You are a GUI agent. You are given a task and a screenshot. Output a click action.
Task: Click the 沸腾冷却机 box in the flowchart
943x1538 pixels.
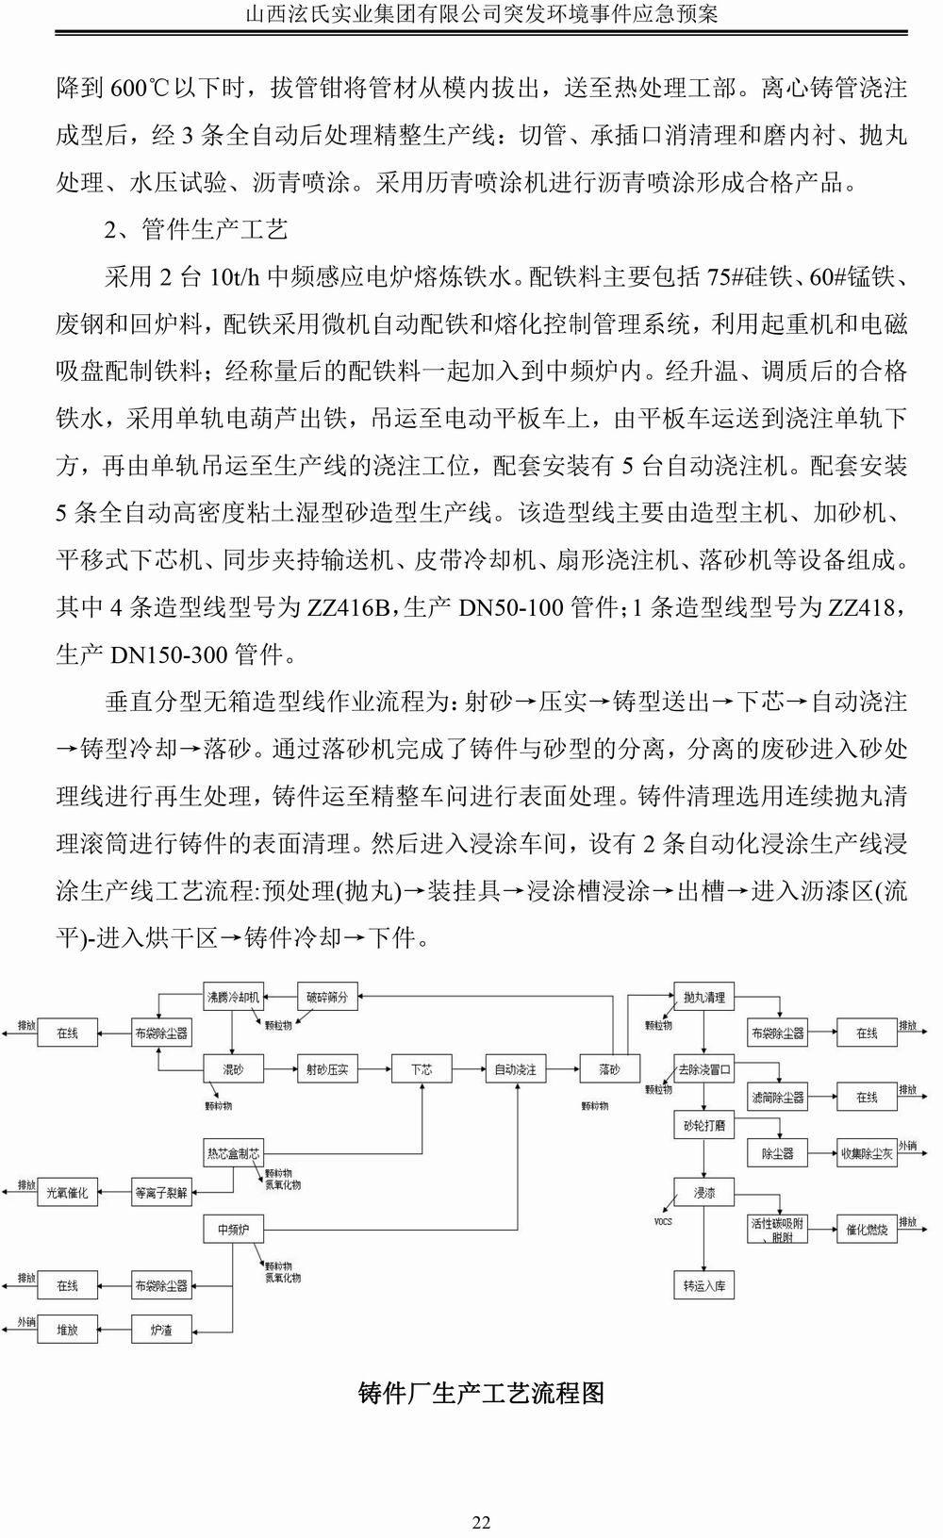[234, 997]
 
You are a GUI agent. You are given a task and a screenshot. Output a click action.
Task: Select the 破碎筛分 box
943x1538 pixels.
[327, 997]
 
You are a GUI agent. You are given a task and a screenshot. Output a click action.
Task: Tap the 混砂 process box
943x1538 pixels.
[233, 1069]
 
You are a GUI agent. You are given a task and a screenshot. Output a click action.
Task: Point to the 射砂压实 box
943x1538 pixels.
[327, 1069]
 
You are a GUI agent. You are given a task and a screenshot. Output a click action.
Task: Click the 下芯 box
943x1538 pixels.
[422, 1069]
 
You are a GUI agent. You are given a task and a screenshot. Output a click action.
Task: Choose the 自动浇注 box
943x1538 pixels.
[516, 1069]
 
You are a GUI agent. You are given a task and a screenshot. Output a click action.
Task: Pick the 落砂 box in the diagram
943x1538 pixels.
[610, 1069]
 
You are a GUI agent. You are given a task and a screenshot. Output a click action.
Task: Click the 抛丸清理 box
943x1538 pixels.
[703, 997]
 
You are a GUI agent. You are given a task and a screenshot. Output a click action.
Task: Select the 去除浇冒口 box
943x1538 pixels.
[703, 1069]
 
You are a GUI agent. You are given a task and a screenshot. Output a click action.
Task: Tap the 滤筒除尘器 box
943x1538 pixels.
[778, 1098]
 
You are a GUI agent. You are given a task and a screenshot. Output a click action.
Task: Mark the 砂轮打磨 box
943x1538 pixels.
[703, 1126]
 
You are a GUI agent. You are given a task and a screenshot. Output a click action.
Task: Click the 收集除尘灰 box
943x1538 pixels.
[867, 1153]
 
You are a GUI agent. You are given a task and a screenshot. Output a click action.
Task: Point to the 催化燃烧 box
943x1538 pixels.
[867, 1230]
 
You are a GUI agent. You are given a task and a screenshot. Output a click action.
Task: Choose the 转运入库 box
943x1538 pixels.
[703, 1285]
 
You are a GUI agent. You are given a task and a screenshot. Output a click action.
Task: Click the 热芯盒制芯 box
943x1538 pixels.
[233, 1153]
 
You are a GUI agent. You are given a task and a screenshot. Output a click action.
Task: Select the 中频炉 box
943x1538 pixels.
[233, 1230]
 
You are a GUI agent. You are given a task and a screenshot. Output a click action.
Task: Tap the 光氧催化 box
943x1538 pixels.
[67, 1193]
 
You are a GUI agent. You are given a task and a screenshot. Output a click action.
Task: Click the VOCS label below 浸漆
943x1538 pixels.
[663, 1221]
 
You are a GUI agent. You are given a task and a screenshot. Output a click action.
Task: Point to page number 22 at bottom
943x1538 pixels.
[481, 1497]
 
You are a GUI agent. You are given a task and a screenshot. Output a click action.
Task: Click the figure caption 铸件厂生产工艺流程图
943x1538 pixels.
[481, 1393]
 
